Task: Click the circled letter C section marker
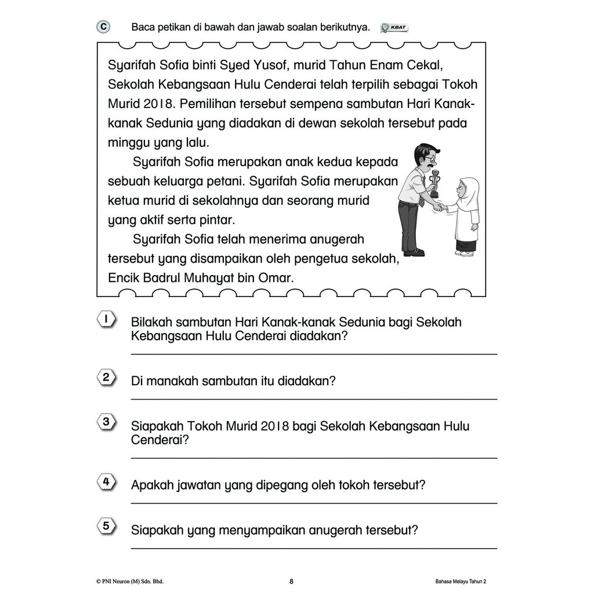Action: (x=103, y=27)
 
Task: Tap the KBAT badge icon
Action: (x=394, y=28)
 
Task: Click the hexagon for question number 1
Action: (x=106, y=320)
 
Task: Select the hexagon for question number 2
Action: (x=106, y=378)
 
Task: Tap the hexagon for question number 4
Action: (x=106, y=482)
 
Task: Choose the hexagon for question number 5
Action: (x=106, y=527)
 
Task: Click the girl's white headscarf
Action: (x=468, y=191)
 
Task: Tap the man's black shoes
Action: (x=414, y=252)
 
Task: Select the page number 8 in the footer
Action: (x=292, y=581)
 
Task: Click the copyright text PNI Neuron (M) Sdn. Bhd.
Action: (x=134, y=581)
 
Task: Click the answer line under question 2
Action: (x=314, y=399)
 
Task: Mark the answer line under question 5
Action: (x=314, y=548)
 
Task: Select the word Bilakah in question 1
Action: (x=151, y=322)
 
